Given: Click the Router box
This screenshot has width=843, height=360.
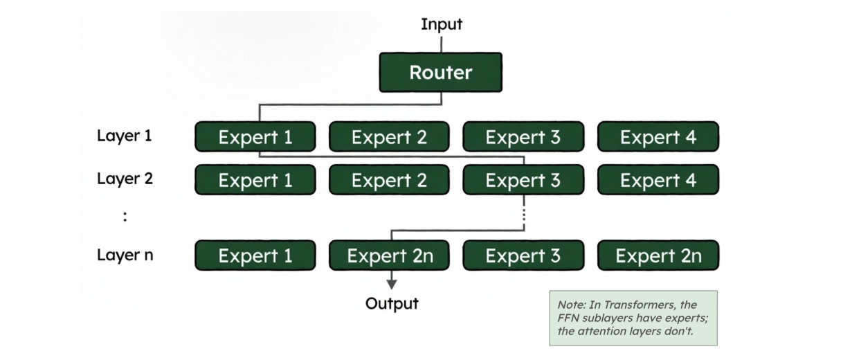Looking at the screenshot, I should pos(440,72).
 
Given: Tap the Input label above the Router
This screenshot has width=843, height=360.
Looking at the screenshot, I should pos(441,24).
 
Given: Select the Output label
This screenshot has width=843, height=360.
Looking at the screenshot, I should pos(392,303).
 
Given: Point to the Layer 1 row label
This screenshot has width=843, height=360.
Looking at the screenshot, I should pos(124,136).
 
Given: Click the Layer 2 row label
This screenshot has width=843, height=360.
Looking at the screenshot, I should pos(125,179).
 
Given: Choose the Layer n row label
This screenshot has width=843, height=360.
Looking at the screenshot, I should pos(125,255).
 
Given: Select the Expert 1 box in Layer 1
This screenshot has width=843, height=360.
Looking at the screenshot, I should pos(255,137).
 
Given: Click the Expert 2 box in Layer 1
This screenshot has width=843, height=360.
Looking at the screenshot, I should pos(389,137).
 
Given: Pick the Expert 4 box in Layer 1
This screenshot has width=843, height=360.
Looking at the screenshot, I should pos(658,137).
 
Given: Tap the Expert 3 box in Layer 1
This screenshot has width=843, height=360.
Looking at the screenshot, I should pos(523,137).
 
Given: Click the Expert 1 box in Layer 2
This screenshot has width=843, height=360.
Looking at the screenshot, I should pos(255,180).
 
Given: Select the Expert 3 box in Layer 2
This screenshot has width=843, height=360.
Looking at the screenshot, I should pos(523,180).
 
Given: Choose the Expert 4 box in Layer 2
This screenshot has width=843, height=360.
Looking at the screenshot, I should pos(658,180).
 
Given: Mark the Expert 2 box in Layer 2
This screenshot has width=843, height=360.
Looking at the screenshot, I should pos(389,180).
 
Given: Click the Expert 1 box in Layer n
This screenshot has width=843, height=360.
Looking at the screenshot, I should pos(255,255).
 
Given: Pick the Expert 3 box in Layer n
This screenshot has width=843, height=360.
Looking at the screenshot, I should pos(523,255).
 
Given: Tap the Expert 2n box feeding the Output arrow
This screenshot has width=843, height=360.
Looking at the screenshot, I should pos(389,255).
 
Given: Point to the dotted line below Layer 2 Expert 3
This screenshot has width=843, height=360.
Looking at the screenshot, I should pos(524,214).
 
